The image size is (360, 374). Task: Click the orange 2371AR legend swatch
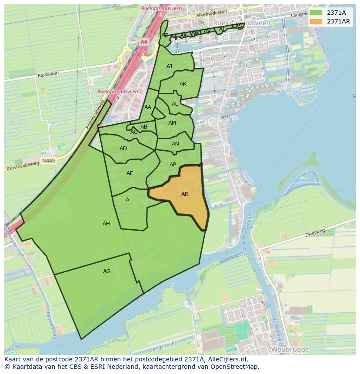[316, 21]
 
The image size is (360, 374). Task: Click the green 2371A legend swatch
[316, 13]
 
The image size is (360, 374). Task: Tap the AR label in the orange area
[185, 194]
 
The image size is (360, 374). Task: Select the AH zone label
[106, 224]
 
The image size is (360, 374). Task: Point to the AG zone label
[107, 271]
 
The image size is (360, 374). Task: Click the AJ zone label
[170, 66]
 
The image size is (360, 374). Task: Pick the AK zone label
[183, 84]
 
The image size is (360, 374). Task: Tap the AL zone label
[175, 104]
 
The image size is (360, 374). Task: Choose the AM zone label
[172, 123]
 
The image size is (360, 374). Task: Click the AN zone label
[175, 144]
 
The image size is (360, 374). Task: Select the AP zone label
[173, 165]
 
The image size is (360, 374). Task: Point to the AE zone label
[130, 173]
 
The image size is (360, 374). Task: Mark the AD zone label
[123, 149]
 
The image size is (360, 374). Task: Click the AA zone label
[148, 107]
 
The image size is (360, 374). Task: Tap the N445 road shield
[49, 161]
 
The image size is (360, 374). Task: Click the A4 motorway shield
[144, 42]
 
